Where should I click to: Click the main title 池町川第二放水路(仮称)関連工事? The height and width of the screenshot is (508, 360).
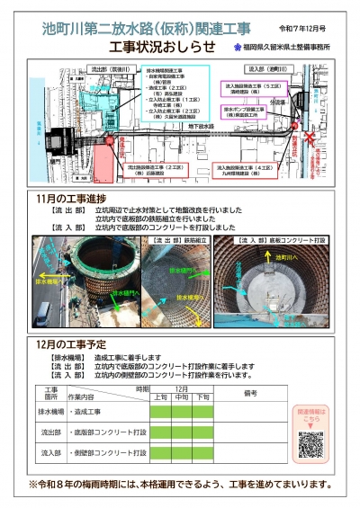pyautogui.click(x=149, y=28)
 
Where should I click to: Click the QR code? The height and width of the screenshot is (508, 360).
pyautogui.click(x=310, y=443)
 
